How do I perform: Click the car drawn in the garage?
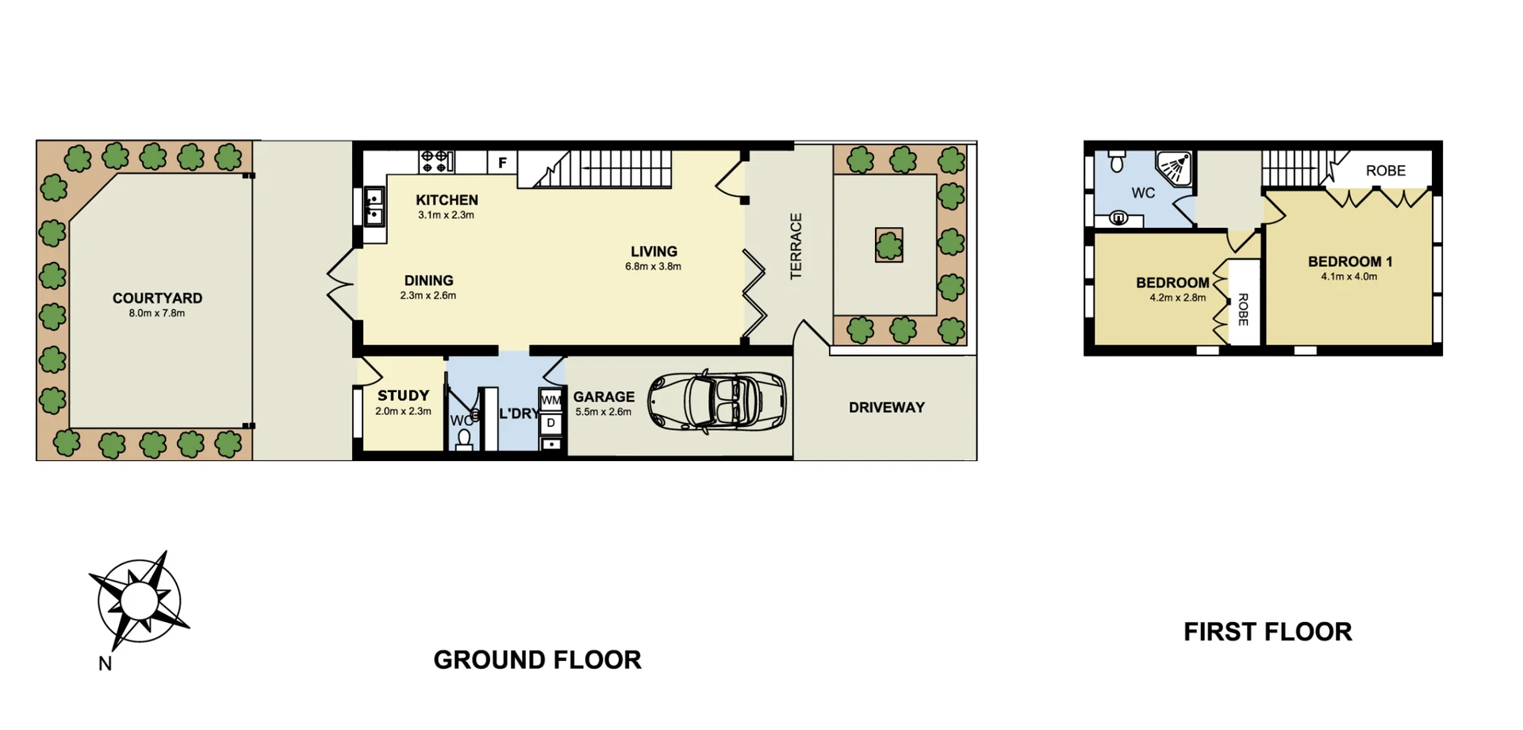[x=717, y=401]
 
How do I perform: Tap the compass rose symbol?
[x=140, y=601]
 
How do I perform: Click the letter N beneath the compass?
[x=105, y=664]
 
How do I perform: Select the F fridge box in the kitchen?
[x=502, y=163]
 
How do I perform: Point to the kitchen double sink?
[x=374, y=206]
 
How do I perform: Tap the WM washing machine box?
[x=551, y=400]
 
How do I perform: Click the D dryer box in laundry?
[x=551, y=423]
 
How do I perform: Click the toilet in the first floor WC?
[x=1117, y=162]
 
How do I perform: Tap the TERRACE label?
[x=796, y=246]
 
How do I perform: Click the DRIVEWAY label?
[x=887, y=407]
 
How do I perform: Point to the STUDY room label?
[x=403, y=395]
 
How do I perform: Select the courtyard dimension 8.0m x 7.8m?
[x=157, y=313]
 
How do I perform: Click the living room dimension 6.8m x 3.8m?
[x=653, y=267]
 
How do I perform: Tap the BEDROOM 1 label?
[x=1349, y=261]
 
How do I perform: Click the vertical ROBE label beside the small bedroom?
[x=1243, y=309]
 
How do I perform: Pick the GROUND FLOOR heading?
[x=537, y=659]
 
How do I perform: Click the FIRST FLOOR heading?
[x=1267, y=632]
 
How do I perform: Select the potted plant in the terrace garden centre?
[x=889, y=245]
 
